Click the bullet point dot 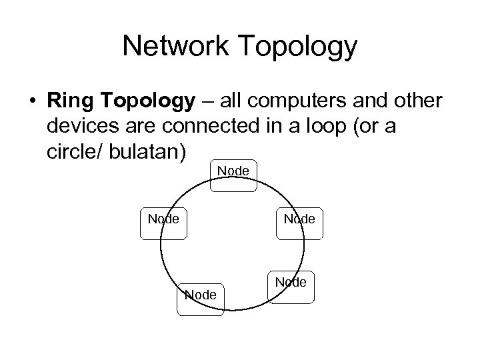[x=31, y=101]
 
